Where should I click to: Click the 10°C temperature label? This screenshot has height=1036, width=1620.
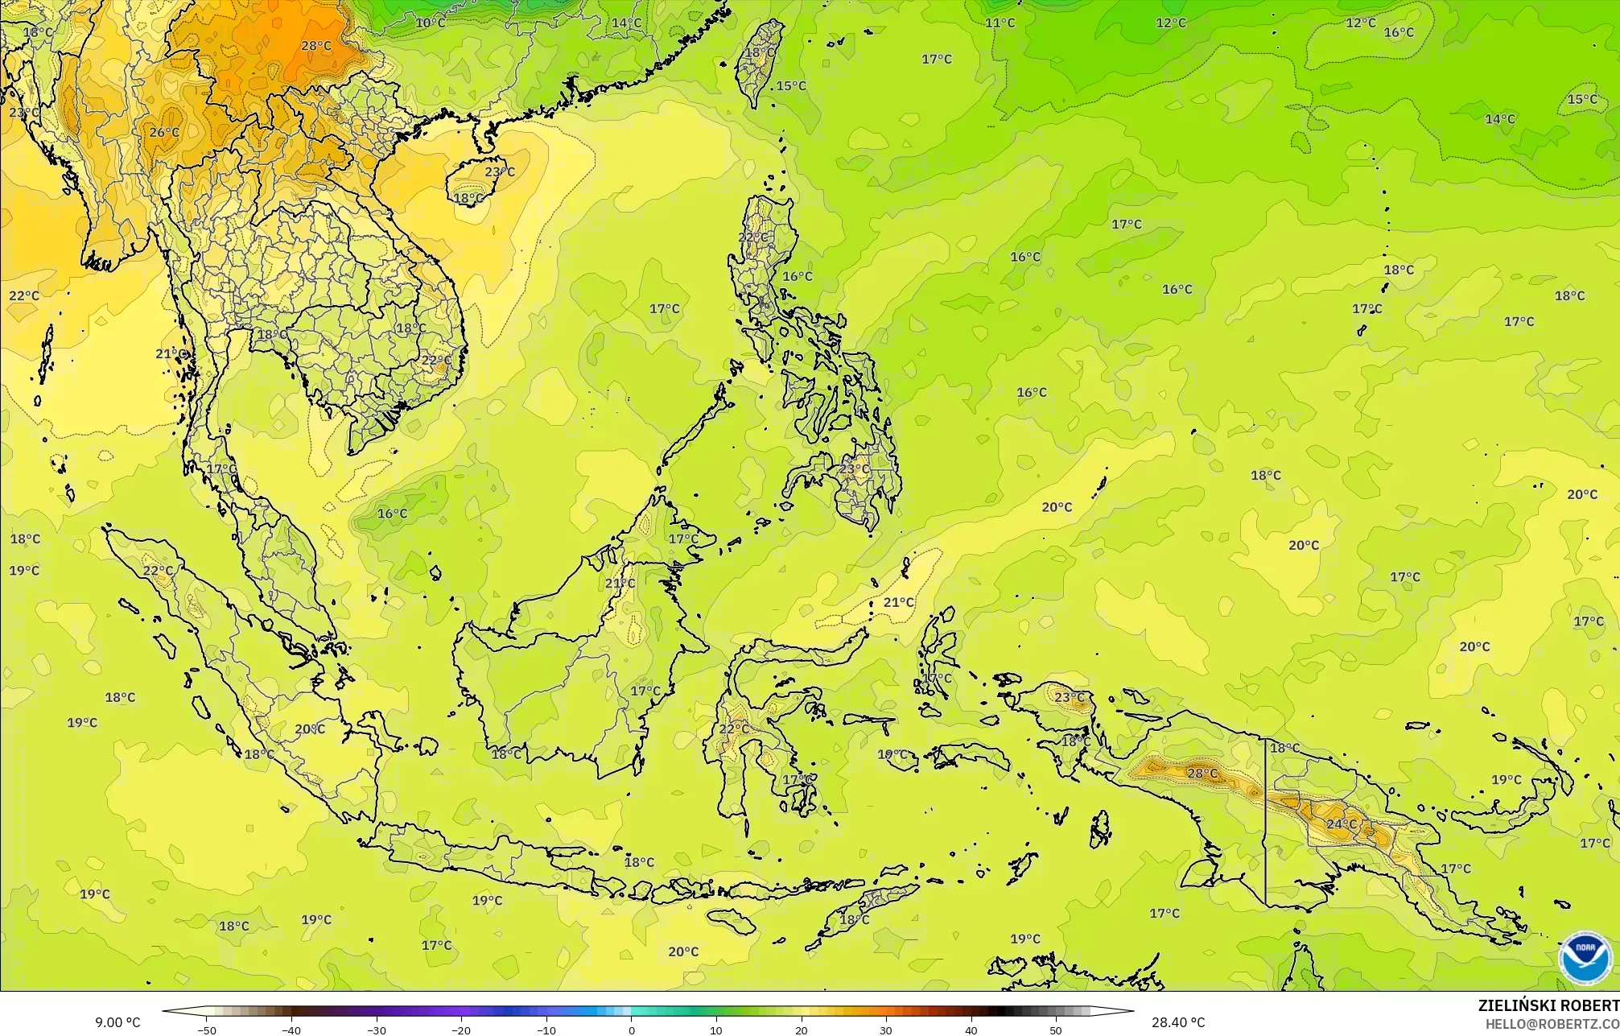430,23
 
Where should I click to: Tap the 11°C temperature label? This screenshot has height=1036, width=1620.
1000,23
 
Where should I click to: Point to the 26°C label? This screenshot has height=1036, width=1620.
164,132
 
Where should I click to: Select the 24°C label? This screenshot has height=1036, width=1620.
1342,824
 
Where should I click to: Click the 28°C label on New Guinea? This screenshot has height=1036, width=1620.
1202,774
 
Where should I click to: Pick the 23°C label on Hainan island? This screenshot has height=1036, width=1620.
500,171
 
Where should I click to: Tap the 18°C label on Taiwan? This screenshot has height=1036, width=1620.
760,52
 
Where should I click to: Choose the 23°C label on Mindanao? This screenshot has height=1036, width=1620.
855,468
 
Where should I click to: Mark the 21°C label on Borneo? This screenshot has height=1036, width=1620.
620,583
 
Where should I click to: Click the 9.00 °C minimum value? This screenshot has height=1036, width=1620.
117,1022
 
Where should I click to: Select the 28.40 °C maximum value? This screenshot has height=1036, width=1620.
1178,1022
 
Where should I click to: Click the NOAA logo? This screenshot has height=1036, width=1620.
1585,957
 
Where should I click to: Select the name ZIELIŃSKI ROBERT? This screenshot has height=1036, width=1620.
1548,1005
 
